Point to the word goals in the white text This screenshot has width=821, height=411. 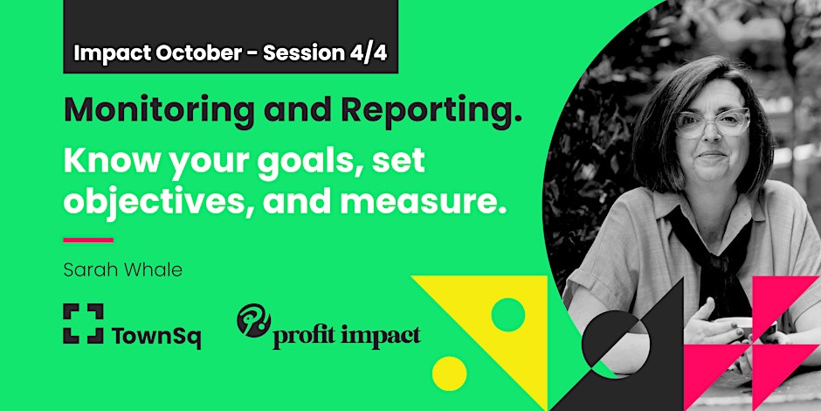pos(300,162)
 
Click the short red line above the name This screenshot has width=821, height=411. pos(88,240)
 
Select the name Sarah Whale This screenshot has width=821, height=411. pos(122,269)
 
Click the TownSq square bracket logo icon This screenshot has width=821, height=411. pos(83,324)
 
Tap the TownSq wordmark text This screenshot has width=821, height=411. pos(156,336)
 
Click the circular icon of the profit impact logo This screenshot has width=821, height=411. pos(252,321)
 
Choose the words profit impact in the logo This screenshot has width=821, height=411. pos(346,335)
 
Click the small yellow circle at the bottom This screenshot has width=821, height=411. pos(449,373)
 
